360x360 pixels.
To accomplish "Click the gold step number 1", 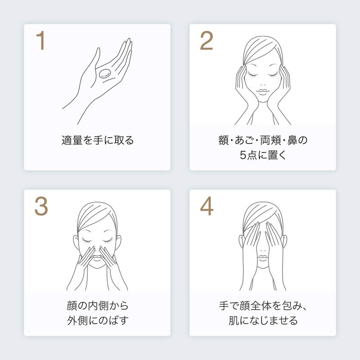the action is click(x=40, y=40).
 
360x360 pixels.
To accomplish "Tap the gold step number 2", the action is click(x=207, y=40).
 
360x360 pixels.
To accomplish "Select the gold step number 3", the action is click(x=41, y=206).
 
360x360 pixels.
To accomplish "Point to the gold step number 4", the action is click(x=207, y=206).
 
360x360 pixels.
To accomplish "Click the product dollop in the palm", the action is click(x=105, y=73).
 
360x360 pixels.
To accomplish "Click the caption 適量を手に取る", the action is click(x=97, y=140).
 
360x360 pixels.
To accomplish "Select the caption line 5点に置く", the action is click(x=263, y=155).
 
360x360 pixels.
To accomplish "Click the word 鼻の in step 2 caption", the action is click(x=297, y=140).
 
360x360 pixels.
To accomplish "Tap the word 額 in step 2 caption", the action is click(x=223, y=140).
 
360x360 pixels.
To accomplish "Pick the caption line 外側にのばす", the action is click(x=97, y=320).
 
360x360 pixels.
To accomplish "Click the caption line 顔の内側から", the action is click(x=97, y=306).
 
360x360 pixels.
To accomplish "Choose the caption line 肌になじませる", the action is click(x=263, y=320).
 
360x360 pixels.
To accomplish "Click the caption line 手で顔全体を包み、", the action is click(x=263, y=306).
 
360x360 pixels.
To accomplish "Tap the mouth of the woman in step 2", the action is click(x=263, y=91).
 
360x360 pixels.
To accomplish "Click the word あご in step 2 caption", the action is click(x=244, y=140).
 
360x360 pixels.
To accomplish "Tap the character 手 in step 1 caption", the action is click(x=98, y=140).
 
